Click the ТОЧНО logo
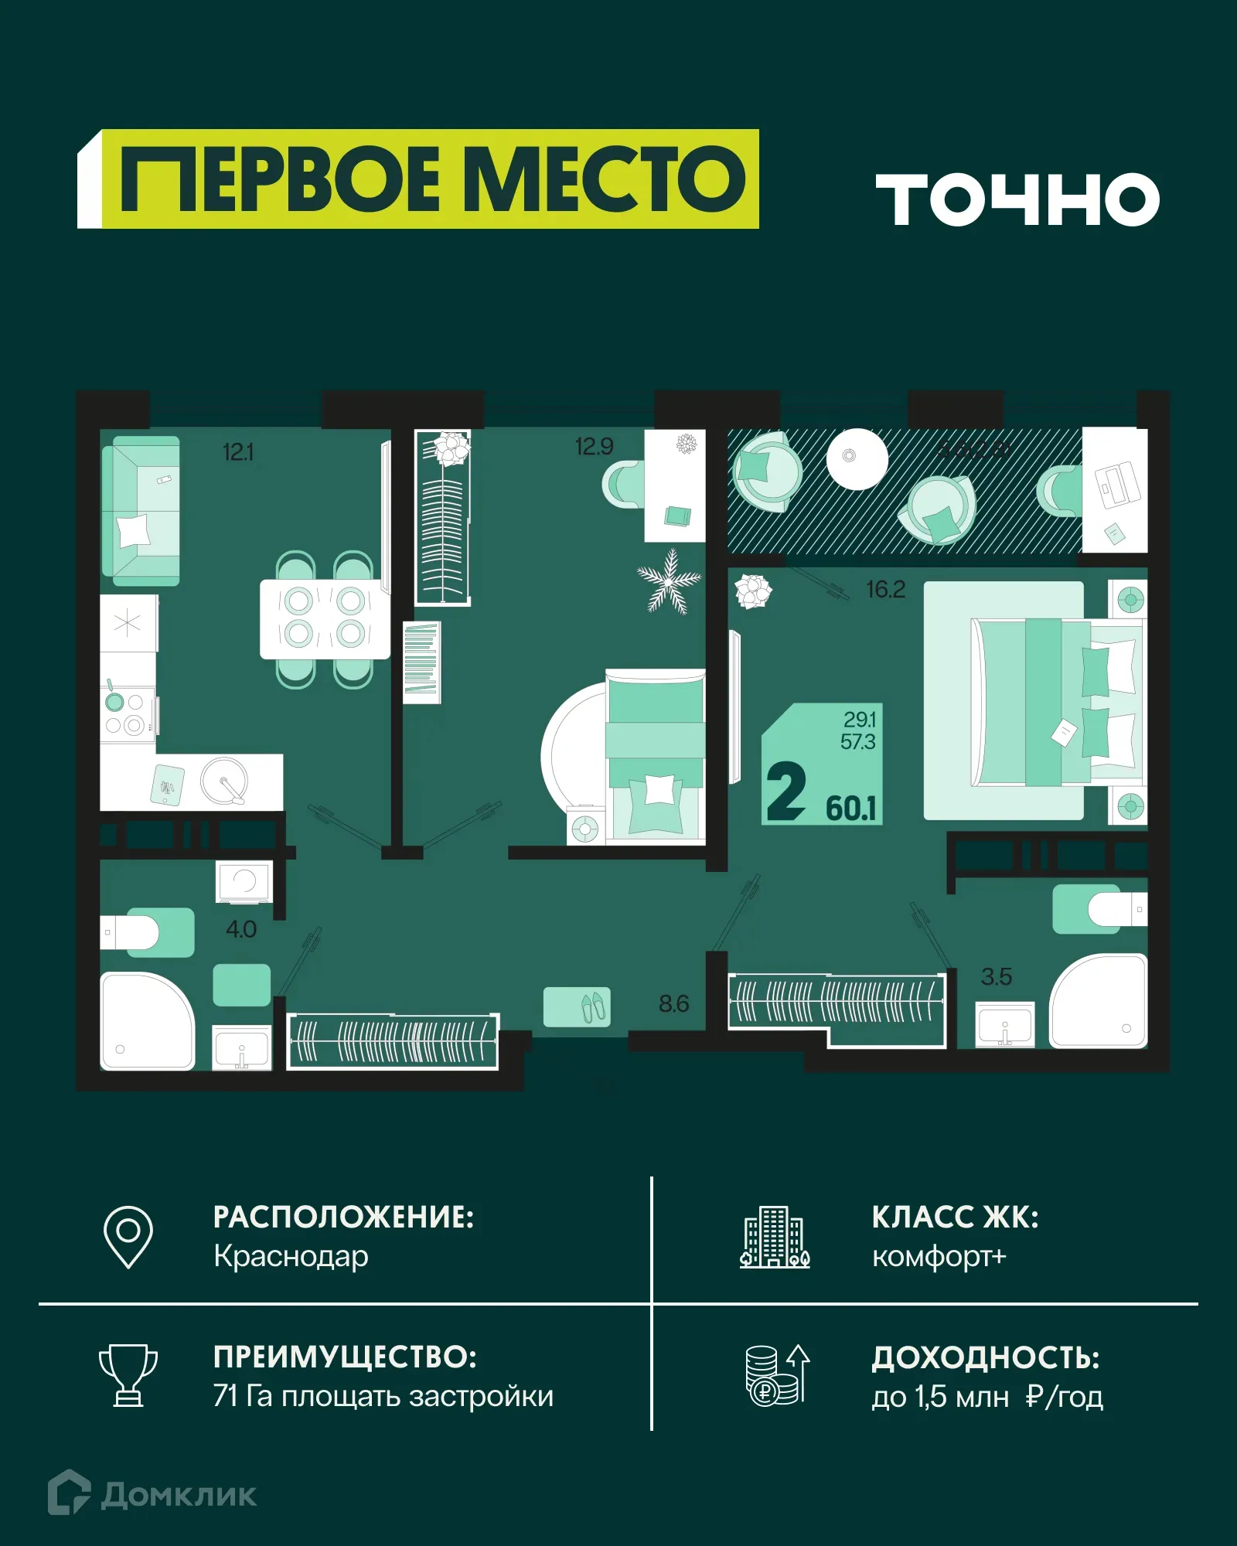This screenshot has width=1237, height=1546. [1017, 199]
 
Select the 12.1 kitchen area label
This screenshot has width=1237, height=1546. [237, 452]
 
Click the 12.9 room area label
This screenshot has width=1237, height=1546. [594, 447]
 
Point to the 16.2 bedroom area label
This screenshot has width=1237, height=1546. [885, 590]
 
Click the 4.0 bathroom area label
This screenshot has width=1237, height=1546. [241, 929]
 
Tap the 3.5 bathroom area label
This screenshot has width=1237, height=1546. [996, 977]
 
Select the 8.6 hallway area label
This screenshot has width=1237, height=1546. [673, 1004]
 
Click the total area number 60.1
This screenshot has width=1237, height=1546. [851, 809]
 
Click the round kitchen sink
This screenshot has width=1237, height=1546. [224, 780]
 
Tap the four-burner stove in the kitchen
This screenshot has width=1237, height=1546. [125, 713]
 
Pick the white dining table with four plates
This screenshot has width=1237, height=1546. [325, 618]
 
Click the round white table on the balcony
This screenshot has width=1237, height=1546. [857, 458]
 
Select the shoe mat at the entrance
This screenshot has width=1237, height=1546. [577, 1006]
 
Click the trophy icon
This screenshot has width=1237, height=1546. [128, 1375]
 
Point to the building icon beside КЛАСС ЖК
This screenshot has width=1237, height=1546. [775, 1237]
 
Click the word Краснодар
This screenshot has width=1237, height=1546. [291, 1256]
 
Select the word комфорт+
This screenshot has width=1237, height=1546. [939, 1257]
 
